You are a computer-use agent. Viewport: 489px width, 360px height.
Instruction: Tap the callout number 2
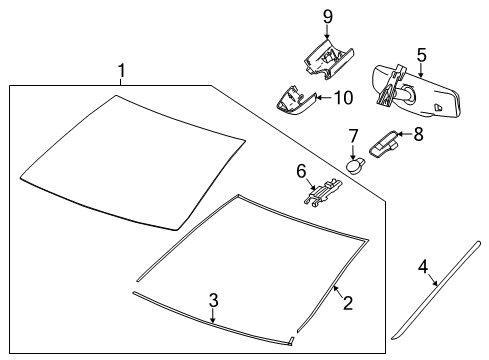click(x=347, y=301)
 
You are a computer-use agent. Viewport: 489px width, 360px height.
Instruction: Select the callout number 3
click(x=213, y=300)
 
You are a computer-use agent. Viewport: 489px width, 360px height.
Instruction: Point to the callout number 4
click(x=423, y=266)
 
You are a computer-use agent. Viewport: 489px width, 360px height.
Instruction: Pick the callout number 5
click(x=421, y=56)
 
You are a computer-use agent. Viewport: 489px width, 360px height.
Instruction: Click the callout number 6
click(x=300, y=171)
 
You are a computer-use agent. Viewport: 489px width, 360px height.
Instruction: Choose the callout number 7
click(x=353, y=135)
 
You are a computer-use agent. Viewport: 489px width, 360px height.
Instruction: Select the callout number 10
click(x=342, y=97)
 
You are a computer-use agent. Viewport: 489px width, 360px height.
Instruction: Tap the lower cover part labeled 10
click(x=292, y=100)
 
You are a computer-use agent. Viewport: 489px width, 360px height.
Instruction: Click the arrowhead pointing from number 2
click(x=334, y=287)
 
